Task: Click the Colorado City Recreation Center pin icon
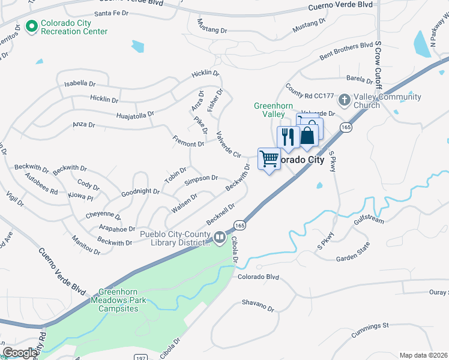[x=31, y=27]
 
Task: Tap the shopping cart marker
[x=269, y=159]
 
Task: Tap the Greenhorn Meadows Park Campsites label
[x=114, y=304]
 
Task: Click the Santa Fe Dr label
[x=114, y=13]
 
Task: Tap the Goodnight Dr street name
[x=140, y=192]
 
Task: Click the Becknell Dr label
[x=220, y=212]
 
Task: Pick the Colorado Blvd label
[x=259, y=277]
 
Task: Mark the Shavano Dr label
[x=258, y=306]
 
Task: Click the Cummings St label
[x=370, y=326]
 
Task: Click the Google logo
[x=20, y=353]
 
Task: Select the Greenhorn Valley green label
[x=269, y=110]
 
